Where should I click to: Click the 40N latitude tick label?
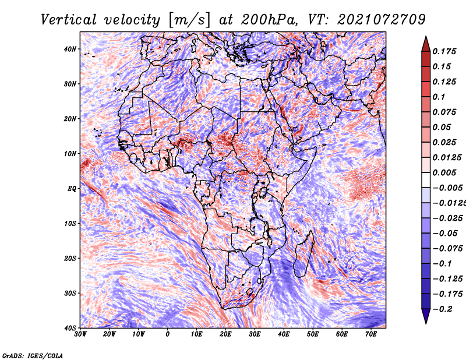point(69,49)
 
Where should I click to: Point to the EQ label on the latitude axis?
point(72,189)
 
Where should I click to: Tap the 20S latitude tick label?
point(70,258)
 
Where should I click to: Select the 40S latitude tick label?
point(70,328)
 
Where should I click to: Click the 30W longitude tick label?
point(80,334)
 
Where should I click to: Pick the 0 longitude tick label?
point(168,334)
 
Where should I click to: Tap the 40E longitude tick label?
point(284,334)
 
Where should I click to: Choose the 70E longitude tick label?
point(371,334)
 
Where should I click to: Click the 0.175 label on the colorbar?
point(444,51)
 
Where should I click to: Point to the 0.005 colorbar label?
point(444,172)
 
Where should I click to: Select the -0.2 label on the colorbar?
point(443,309)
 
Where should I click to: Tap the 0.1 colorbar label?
point(439,97)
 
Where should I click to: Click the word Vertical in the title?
point(69,20)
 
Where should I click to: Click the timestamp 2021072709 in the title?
point(382,20)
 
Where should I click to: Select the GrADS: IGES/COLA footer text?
point(33,355)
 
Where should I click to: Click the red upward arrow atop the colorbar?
point(426,44)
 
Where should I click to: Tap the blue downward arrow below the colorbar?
point(426,316)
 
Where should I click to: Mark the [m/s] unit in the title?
point(189,20)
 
